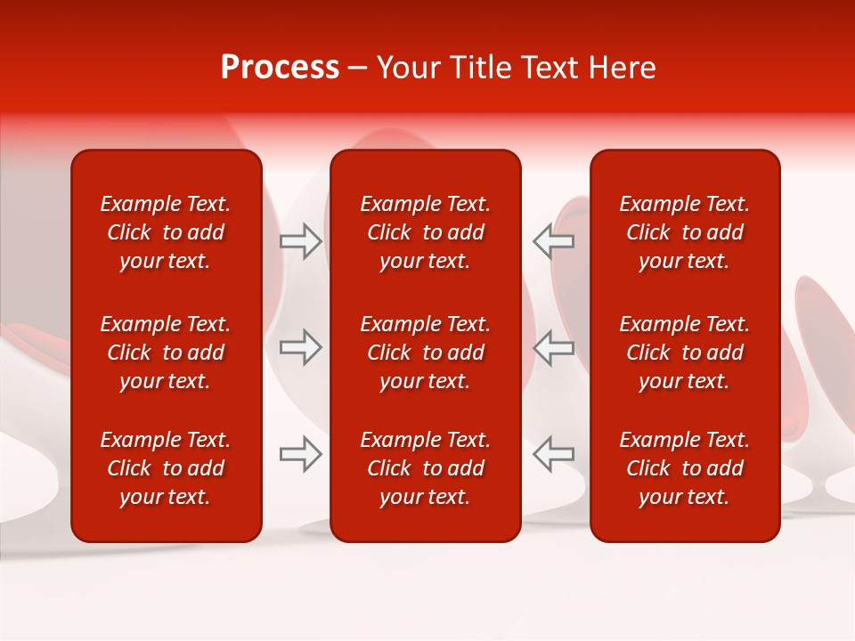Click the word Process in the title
click(280, 68)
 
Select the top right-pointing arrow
click(301, 241)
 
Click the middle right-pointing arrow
click(301, 347)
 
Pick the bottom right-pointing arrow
click(301, 454)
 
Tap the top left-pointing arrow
click(553, 241)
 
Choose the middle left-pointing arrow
click(553, 347)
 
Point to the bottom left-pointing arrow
click(553, 454)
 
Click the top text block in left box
click(166, 232)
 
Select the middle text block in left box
click(166, 353)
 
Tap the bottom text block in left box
click(166, 468)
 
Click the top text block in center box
click(425, 232)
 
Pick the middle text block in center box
click(425, 353)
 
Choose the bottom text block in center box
click(425, 468)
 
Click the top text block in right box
click(684, 232)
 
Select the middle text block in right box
click(684, 353)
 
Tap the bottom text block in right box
click(684, 468)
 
